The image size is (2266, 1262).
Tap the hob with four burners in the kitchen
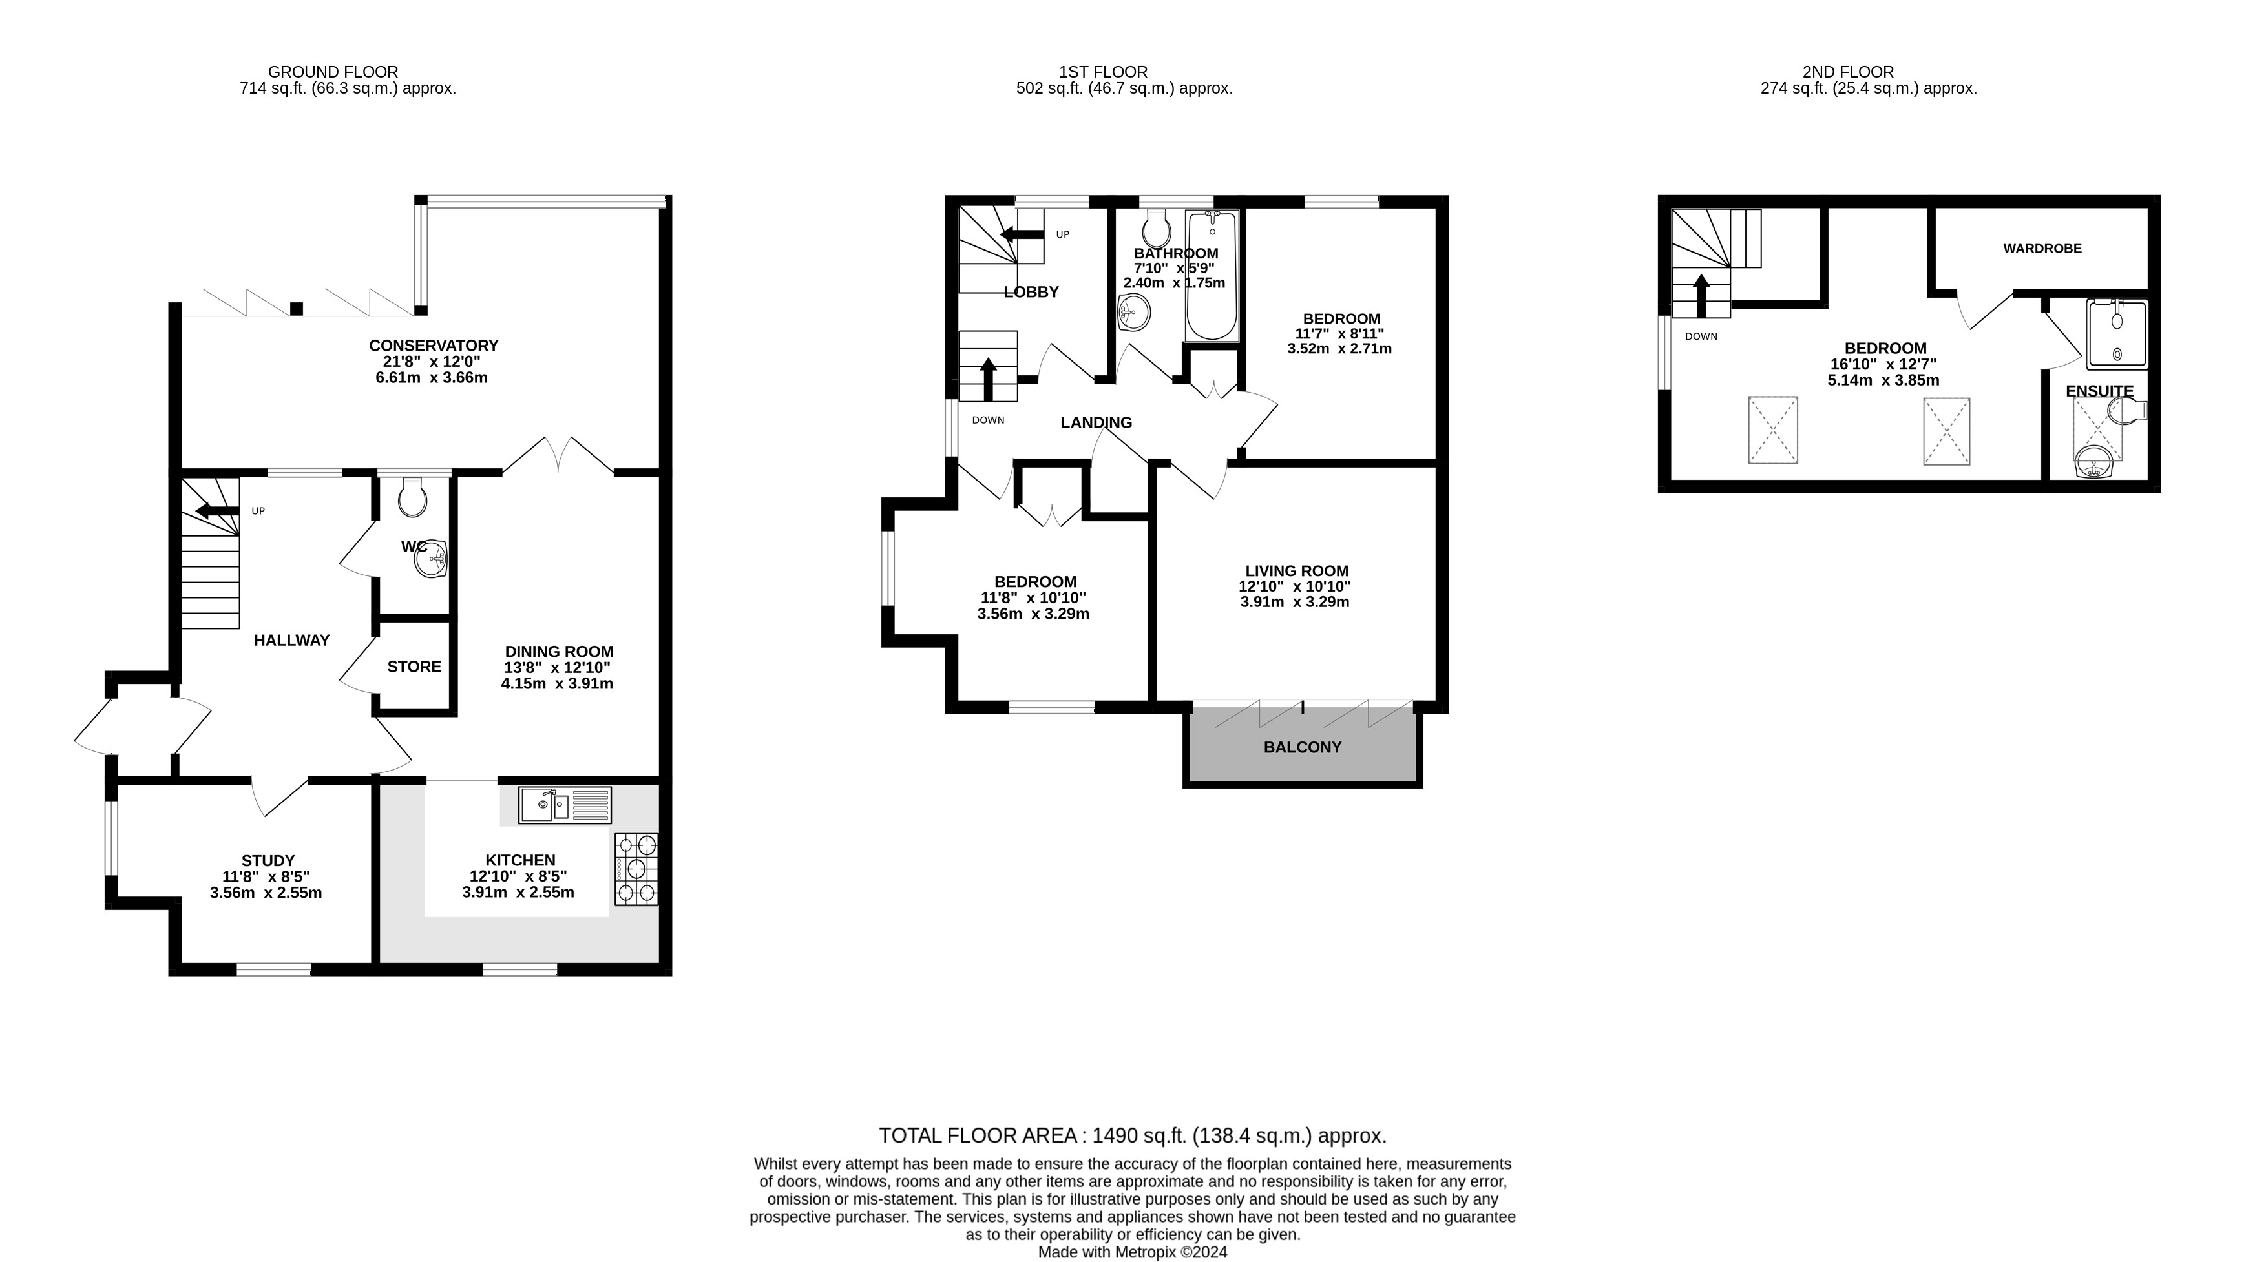636,869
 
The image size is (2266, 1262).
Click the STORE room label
414,667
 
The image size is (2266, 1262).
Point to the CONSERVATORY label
434,346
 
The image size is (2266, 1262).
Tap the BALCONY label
1302,747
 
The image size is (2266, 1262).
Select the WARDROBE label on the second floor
2042,249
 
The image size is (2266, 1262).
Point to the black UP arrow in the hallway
216,511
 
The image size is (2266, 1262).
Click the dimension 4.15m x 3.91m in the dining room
557,683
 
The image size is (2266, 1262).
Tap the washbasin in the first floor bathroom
1134,311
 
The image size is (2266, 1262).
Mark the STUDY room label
268,861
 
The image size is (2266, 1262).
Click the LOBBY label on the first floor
1031,292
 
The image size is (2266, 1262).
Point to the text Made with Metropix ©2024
1132,1252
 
